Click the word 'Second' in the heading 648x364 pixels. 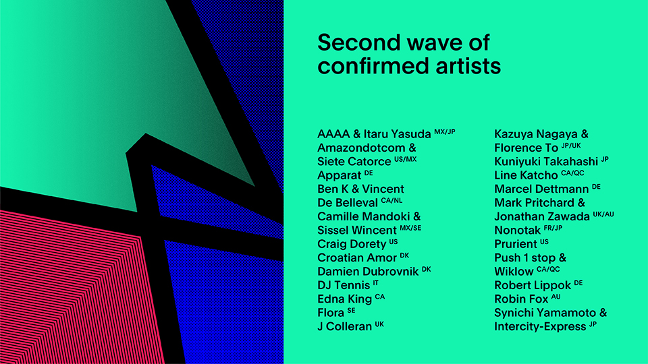click(x=359, y=42)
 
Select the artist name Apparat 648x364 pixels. click(x=340, y=176)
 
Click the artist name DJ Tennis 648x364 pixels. click(x=344, y=285)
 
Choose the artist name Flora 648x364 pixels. click(x=331, y=313)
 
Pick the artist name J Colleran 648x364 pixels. click(x=345, y=326)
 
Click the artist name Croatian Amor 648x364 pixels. click(x=357, y=258)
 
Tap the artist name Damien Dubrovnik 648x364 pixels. click(x=368, y=272)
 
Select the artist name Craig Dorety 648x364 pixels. click(x=352, y=244)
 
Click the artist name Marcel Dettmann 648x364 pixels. click(x=541, y=189)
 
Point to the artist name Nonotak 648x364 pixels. click(x=518, y=231)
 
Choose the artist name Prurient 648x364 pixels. click(x=515, y=244)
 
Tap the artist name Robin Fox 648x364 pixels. click(x=521, y=299)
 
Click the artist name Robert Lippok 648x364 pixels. click(x=533, y=286)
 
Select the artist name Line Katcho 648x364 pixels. click(x=526, y=175)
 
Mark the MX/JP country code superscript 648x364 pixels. click(x=445, y=132)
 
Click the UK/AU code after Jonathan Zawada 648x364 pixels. click(x=603, y=214)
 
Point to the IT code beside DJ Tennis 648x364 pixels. click(x=376, y=283)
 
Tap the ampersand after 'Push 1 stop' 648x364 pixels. click(x=562, y=258)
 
